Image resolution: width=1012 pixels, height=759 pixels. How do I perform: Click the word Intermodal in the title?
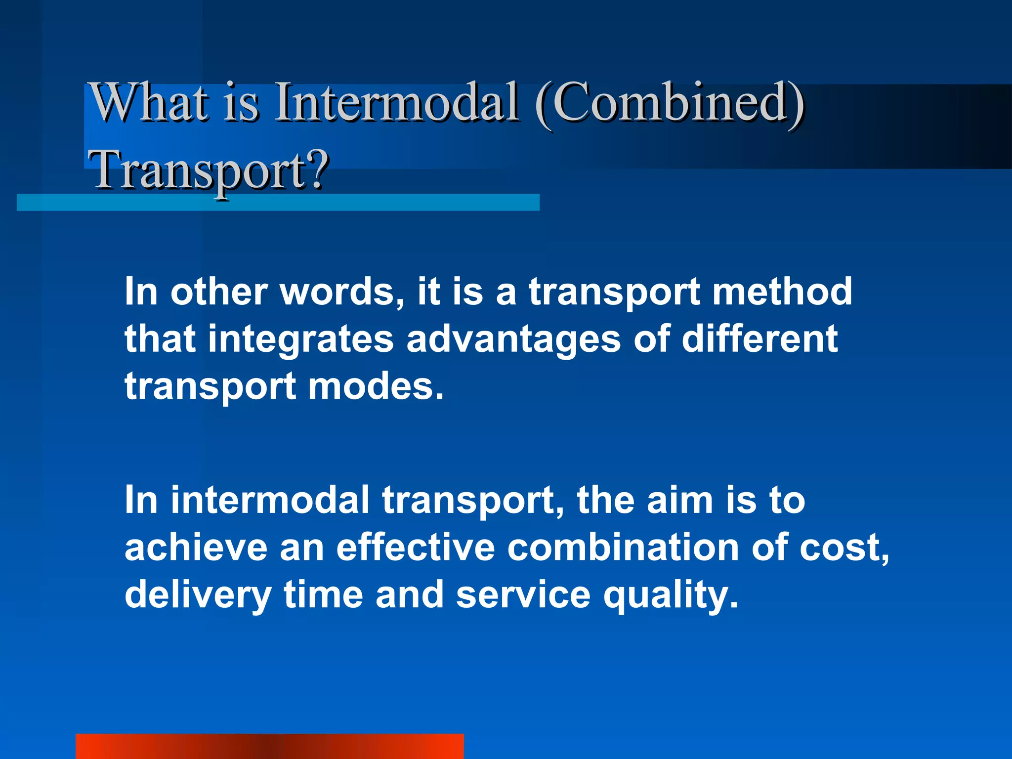396,102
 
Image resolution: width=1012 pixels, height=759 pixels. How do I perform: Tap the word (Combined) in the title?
670,102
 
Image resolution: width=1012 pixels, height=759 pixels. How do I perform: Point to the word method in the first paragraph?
782,292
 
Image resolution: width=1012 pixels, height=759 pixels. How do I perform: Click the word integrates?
300,339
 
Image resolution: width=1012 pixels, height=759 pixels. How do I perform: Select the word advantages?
513,339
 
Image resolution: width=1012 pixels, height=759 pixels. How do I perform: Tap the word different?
759,339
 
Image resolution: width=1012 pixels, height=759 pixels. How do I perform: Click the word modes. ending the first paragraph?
376,386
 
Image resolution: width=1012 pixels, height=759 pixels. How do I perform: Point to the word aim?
680,500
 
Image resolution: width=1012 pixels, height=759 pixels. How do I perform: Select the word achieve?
196,548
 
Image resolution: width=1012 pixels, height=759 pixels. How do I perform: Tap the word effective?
416,548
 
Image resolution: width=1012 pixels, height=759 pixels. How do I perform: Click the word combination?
623,548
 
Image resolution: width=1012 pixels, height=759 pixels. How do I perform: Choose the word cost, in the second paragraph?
844,548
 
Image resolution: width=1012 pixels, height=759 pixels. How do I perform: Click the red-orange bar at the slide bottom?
269,746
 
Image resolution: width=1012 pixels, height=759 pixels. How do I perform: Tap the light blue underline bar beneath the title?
278,203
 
